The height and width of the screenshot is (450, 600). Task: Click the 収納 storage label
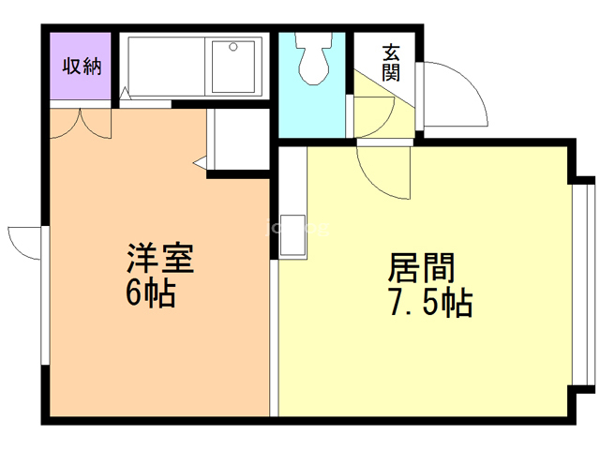82,66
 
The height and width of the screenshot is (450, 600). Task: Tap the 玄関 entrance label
391,63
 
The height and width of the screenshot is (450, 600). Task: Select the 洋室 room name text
160,258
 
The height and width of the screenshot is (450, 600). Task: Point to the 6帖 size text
151,293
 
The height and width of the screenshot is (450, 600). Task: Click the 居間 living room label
421,267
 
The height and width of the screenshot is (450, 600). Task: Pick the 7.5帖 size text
431,303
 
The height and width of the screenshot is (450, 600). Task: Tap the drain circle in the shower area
233,47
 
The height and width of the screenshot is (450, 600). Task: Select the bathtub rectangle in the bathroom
167,66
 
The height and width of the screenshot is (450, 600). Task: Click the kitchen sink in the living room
292,235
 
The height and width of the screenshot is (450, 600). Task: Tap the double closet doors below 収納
81,124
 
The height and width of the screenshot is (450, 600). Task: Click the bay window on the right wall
584,285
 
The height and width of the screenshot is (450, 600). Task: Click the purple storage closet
81,66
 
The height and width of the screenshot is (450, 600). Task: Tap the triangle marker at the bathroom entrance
125,94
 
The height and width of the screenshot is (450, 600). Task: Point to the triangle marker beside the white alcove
200,163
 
